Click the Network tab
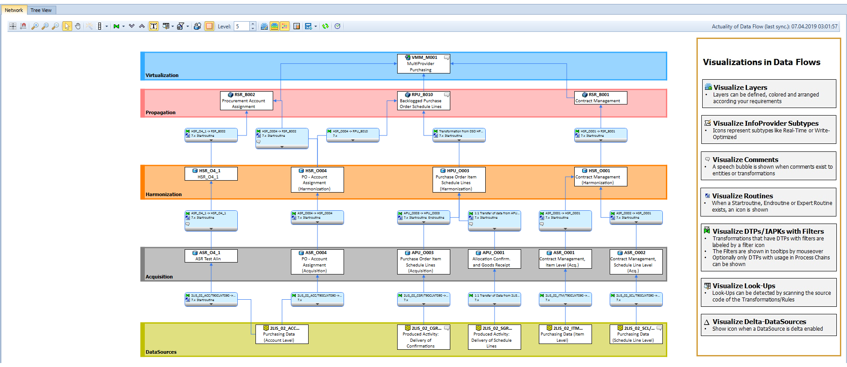click(x=14, y=10)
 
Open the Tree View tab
click(x=41, y=10)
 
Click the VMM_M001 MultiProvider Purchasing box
click(x=423, y=64)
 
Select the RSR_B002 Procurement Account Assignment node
click(x=246, y=100)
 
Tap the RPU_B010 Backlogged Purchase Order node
click(x=423, y=100)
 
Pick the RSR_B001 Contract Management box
click(x=600, y=98)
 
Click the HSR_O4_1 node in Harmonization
click(x=211, y=174)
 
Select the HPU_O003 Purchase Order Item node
click(x=459, y=180)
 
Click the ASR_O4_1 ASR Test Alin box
click(x=211, y=256)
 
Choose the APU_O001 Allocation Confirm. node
click(x=494, y=259)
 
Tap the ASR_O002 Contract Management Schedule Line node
click(x=636, y=262)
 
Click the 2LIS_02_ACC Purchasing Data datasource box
click(x=282, y=334)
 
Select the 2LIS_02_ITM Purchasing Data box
click(x=565, y=334)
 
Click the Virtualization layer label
click(x=162, y=75)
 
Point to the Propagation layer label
click(x=160, y=112)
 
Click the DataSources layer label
click(x=161, y=352)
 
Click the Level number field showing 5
click(x=242, y=27)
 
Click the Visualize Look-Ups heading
click(x=744, y=286)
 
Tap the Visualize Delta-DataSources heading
click(x=759, y=322)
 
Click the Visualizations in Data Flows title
click(x=762, y=62)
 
